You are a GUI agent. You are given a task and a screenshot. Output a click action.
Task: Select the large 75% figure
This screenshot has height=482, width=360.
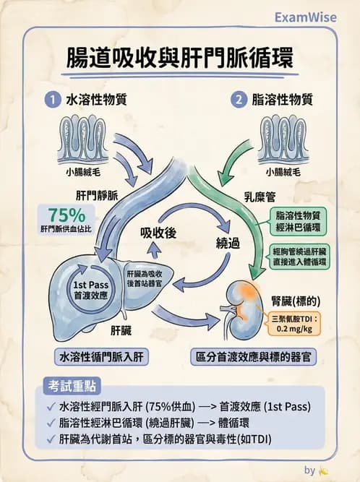pos(67,215)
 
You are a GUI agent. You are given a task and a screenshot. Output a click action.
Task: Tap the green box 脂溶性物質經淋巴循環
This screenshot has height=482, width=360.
pos(301,220)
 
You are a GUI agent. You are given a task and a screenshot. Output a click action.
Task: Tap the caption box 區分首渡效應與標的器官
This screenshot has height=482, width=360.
pos(256,357)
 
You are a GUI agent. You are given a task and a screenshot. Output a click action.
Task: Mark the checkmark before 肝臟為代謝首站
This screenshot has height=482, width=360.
pos(49,439)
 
